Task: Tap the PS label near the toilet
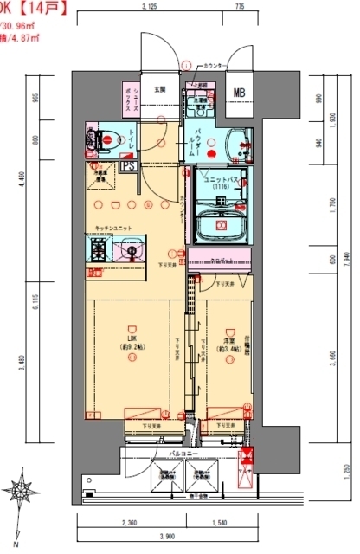127,166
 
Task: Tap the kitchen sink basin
131,253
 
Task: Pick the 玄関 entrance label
160,90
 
